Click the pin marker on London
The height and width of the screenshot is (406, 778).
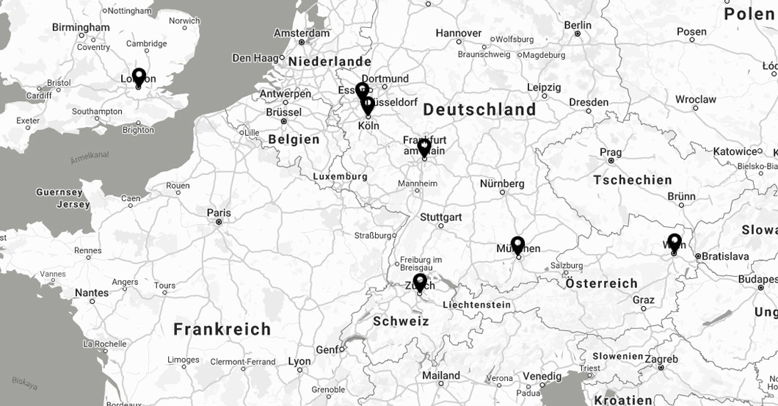[139, 76]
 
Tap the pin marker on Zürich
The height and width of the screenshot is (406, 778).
[420, 282]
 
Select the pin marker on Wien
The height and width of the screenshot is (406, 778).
[674, 242]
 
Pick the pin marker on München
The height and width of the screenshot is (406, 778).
[517, 244]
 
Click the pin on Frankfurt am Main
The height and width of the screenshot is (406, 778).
[423, 147]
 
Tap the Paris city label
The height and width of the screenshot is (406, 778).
[219, 213]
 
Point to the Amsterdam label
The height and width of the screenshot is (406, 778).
[302, 33]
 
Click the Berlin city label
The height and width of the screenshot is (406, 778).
[578, 25]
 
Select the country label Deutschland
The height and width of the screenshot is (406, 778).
[479, 109]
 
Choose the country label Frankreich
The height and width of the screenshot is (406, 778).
[222, 329]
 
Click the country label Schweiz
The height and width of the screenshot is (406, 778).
[401, 321]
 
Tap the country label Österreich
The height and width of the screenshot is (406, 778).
[602, 283]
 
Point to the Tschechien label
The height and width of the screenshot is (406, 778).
[633, 180]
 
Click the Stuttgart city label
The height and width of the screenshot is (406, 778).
[441, 217]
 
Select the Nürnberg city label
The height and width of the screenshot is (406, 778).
[502, 184]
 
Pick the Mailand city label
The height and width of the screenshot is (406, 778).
[441, 375]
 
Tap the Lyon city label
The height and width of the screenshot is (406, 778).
[299, 361]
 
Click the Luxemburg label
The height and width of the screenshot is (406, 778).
[340, 177]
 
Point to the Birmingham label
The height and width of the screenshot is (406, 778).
[81, 27]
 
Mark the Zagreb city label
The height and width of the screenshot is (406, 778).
[661, 359]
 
